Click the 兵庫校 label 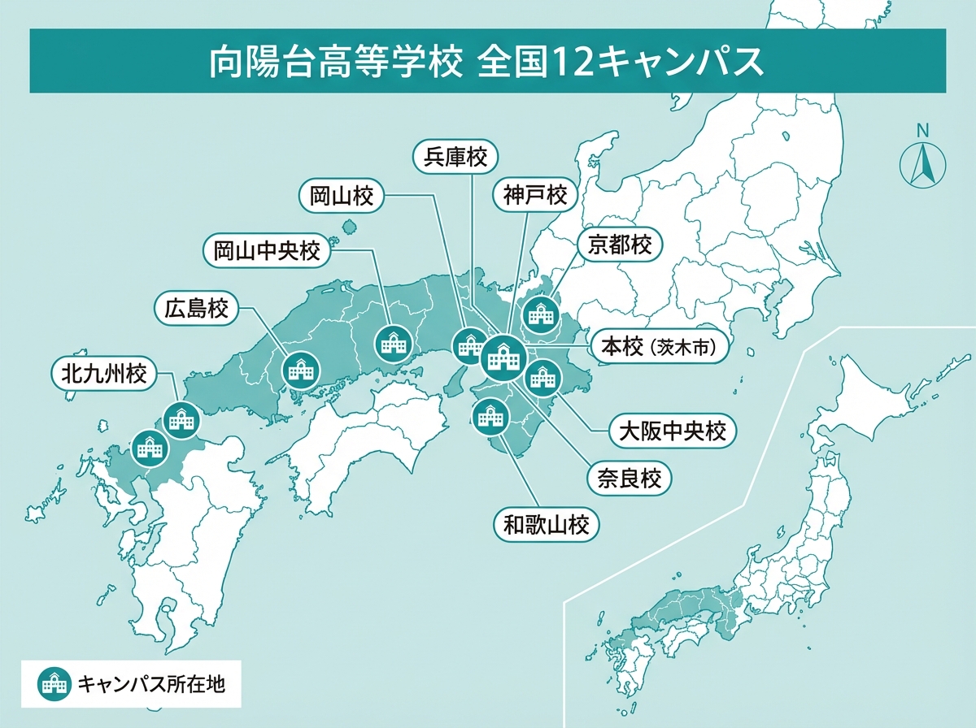455,156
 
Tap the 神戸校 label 534,195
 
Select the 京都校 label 621,245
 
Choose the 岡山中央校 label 267,250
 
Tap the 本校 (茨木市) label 658,347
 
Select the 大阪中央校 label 672,431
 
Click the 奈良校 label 630,476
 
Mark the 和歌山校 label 547,525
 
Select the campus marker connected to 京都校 539,314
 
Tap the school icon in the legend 54,684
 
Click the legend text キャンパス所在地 150,684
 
